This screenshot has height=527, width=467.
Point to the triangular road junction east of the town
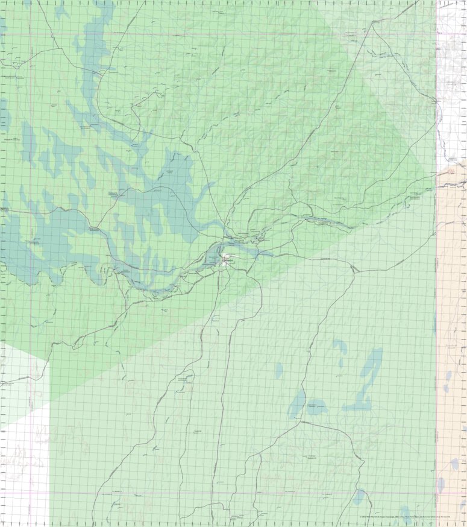pos(356,269)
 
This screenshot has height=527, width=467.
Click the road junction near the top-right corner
pos(374,22)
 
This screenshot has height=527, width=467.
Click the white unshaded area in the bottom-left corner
pos(24,476)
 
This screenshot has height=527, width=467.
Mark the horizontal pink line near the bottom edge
pos(241,494)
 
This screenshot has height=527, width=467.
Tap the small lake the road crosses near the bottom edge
pos(359,497)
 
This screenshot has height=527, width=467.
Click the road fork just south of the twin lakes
pos(299,423)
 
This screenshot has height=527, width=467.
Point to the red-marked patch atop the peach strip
pos(452,172)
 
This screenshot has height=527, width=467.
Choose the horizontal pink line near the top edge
pos(181,34)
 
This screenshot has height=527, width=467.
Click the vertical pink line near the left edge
pos(30,181)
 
